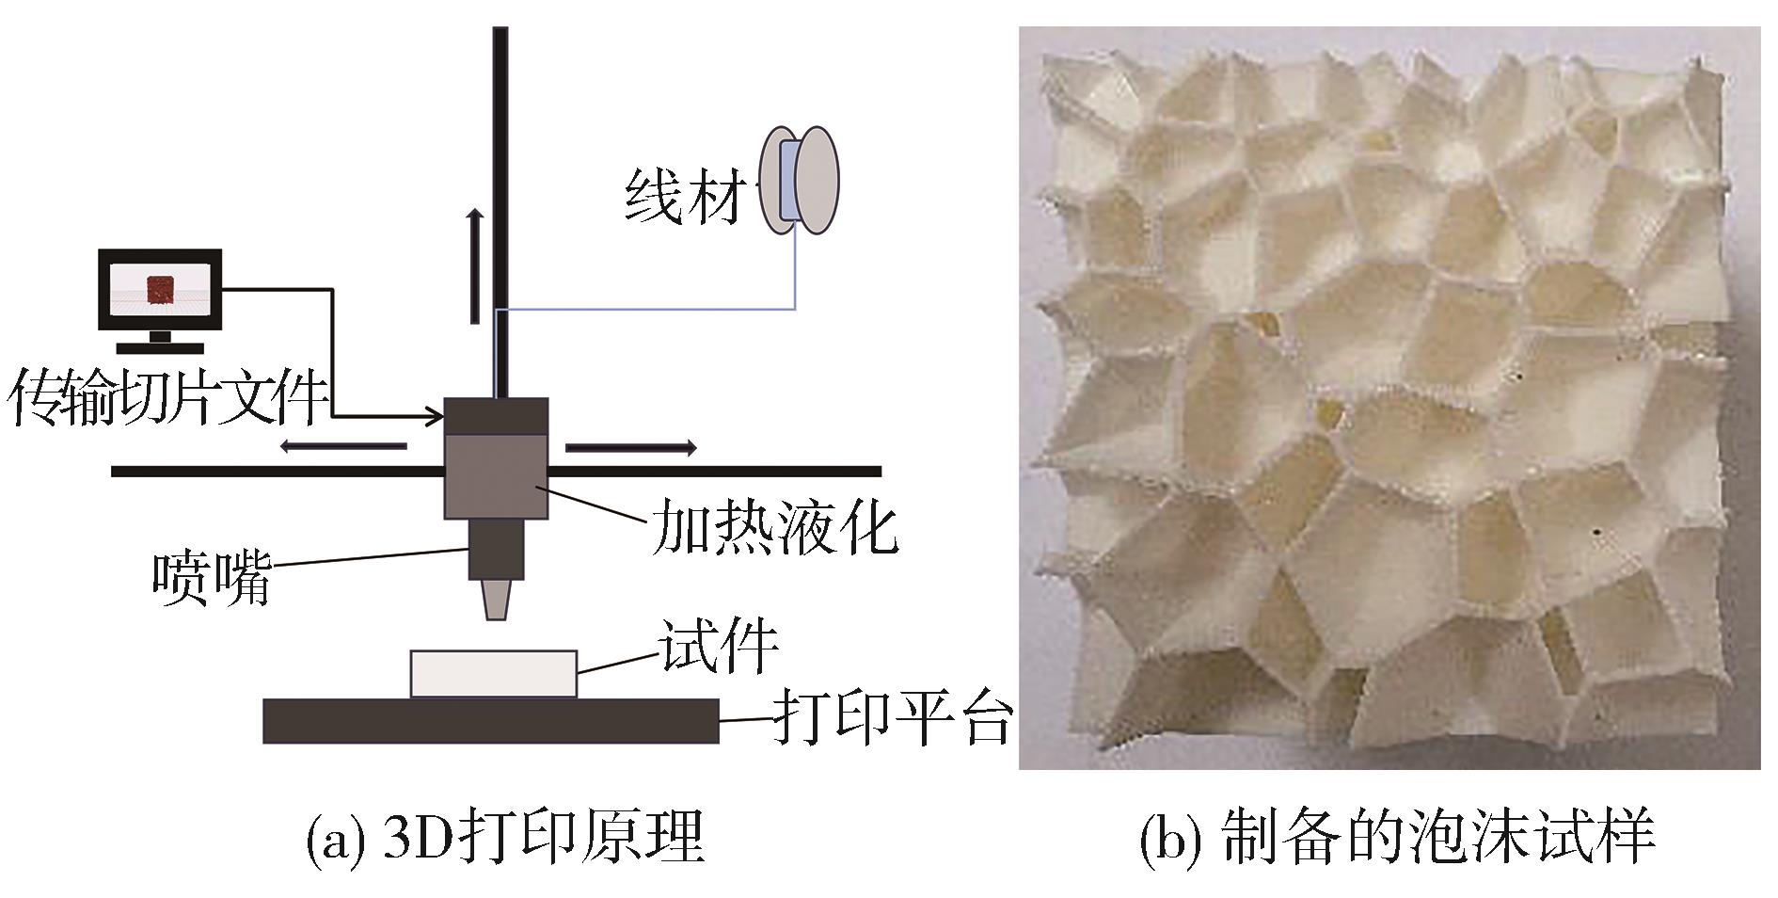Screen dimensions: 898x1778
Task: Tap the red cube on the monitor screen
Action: tap(161, 290)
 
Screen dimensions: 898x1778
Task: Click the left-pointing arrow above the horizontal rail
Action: tap(342, 447)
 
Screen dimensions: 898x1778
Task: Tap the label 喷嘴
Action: tap(213, 576)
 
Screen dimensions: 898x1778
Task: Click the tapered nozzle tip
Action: tap(497, 599)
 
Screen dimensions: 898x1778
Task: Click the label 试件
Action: tap(719, 646)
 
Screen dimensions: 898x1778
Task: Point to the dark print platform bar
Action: tap(490, 721)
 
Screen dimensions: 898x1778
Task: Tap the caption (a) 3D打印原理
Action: tap(505, 838)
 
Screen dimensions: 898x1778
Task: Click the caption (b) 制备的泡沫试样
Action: tap(1396, 838)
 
